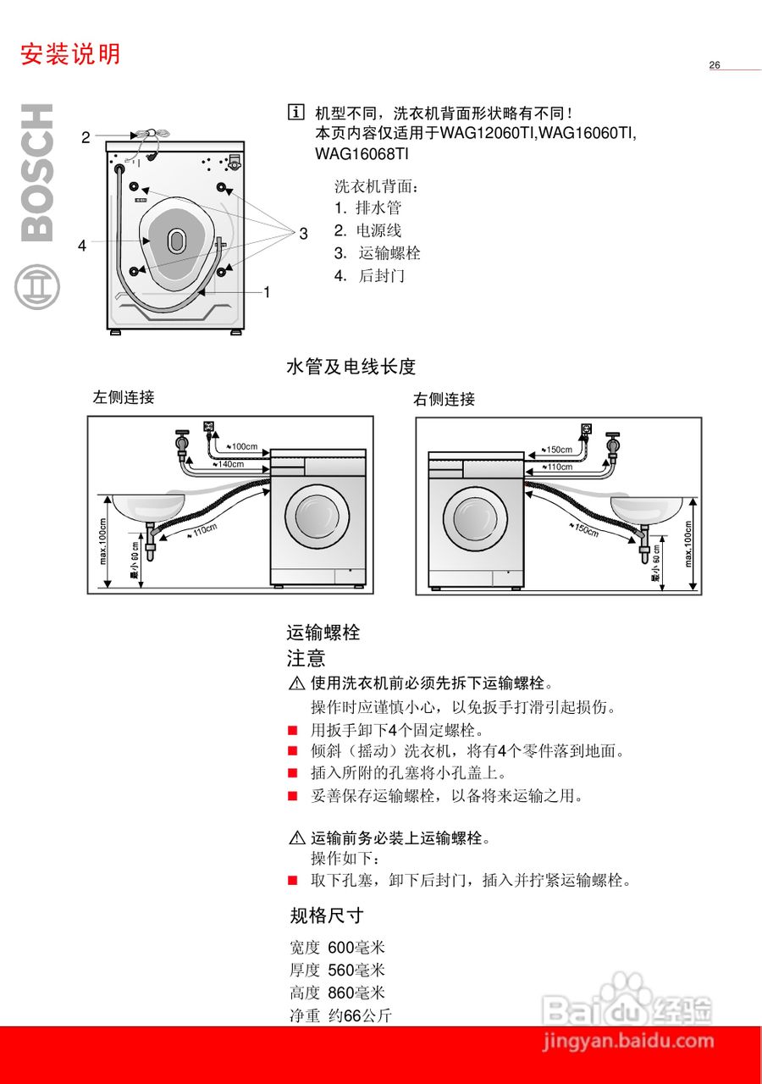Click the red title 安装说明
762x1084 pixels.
pos(71,54)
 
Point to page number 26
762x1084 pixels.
pos(715,65)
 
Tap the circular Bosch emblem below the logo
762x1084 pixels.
pos(37,287)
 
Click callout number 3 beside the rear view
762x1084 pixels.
pos(303,234)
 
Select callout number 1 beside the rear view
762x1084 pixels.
pos(266,292)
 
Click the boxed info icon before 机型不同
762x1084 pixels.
pos(295,112)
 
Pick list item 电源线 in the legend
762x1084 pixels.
pos(378,230)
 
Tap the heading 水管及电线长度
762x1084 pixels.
pos(351,367)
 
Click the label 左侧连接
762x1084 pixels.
pos(124,397)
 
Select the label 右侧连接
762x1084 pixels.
pos(444,400)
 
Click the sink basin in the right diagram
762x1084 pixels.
pos(647,508)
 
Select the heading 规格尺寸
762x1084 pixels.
pos(327,915)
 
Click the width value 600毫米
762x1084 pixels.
pos(356,948)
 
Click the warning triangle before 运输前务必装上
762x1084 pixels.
pos(296,838)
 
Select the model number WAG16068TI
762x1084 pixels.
pos(362,154)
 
